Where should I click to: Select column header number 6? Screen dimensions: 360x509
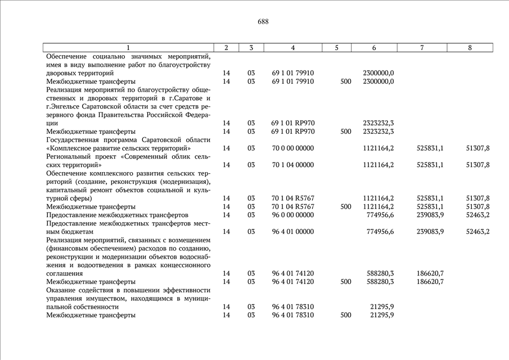pos(374,48)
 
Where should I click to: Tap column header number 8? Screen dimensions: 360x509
pos(470,48)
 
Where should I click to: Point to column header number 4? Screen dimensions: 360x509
pos(292,48)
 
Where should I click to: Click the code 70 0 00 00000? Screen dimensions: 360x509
pos(292,148)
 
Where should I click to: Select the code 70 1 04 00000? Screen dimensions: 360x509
pos(292,165)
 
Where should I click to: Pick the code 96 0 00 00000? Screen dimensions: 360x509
pos(292,215)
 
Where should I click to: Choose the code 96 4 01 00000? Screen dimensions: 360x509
pos(292,232)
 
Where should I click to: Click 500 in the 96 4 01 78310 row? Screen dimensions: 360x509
pos(346,316)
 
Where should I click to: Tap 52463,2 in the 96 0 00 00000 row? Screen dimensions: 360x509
pos(478,215)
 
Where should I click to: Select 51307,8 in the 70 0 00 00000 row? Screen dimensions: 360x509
pos(478,148)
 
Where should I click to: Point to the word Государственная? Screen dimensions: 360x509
pos(74,139)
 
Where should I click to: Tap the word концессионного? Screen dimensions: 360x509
pos(184,265)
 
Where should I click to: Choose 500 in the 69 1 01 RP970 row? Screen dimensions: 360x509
pos(346,132)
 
